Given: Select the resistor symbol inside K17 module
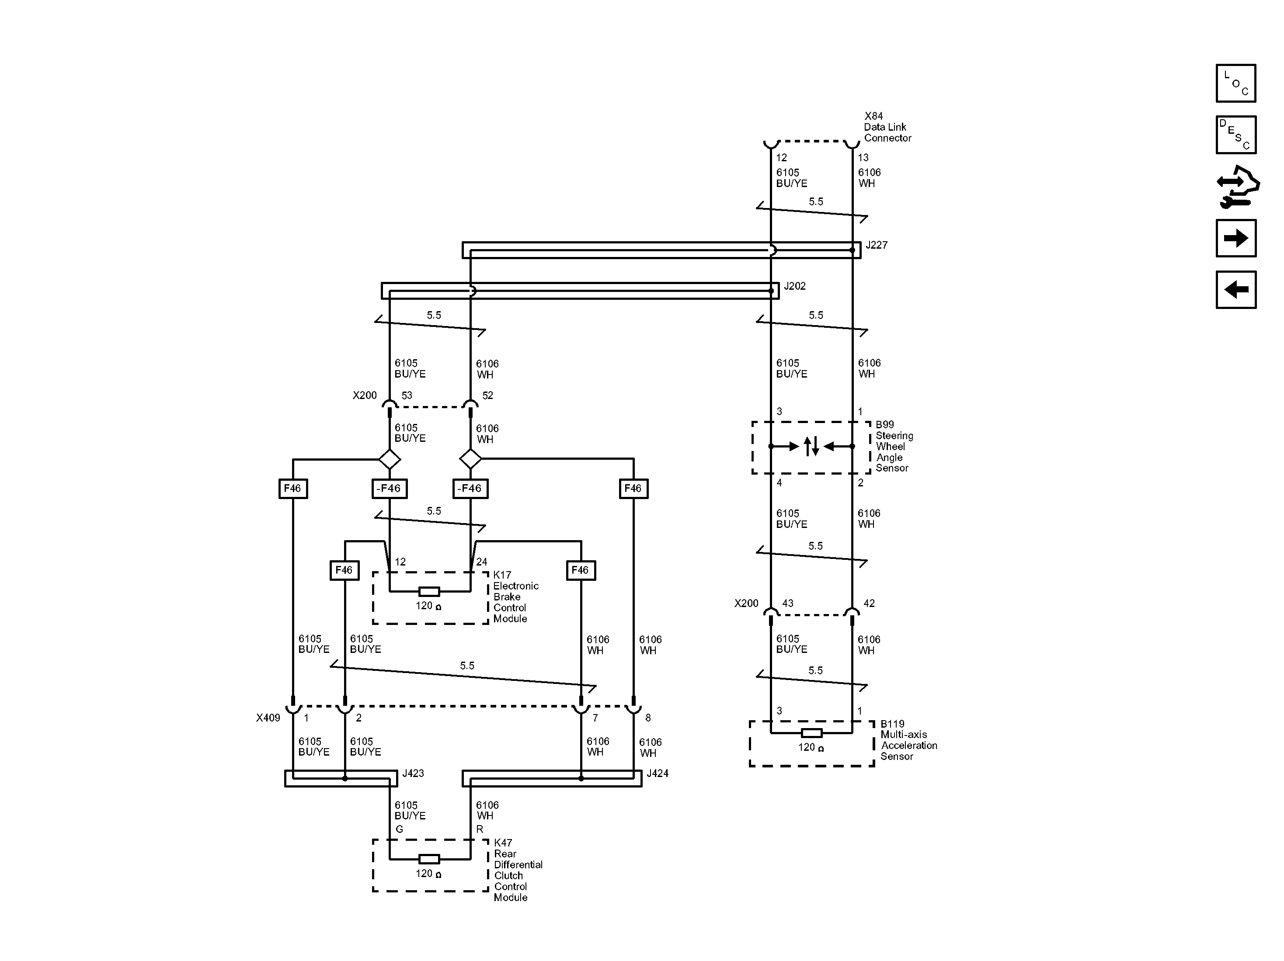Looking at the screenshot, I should [x=429, y=592].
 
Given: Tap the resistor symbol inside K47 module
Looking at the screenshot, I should [x=429, y=859].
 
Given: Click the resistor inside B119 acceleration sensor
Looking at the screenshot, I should [x=811, y=733].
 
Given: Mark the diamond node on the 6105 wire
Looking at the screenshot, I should [x=389, y=459].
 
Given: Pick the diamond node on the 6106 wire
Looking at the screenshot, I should [x=470, y=459].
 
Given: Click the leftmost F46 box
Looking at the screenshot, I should [x=292, y=489].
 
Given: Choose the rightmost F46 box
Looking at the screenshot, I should [x=633, y=489].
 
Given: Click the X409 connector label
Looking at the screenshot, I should [x=268, y=718].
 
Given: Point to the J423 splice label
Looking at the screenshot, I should [x=413, y=774].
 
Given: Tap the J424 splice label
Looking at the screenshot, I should [x=657, y=774].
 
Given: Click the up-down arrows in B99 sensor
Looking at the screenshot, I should [x=811, y=446].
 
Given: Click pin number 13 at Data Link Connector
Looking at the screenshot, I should [x=863, y=158].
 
